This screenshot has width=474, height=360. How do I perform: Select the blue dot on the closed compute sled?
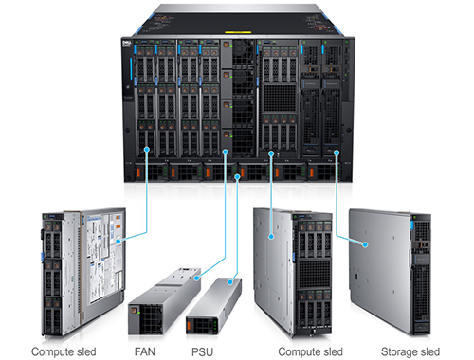coord(272,237)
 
